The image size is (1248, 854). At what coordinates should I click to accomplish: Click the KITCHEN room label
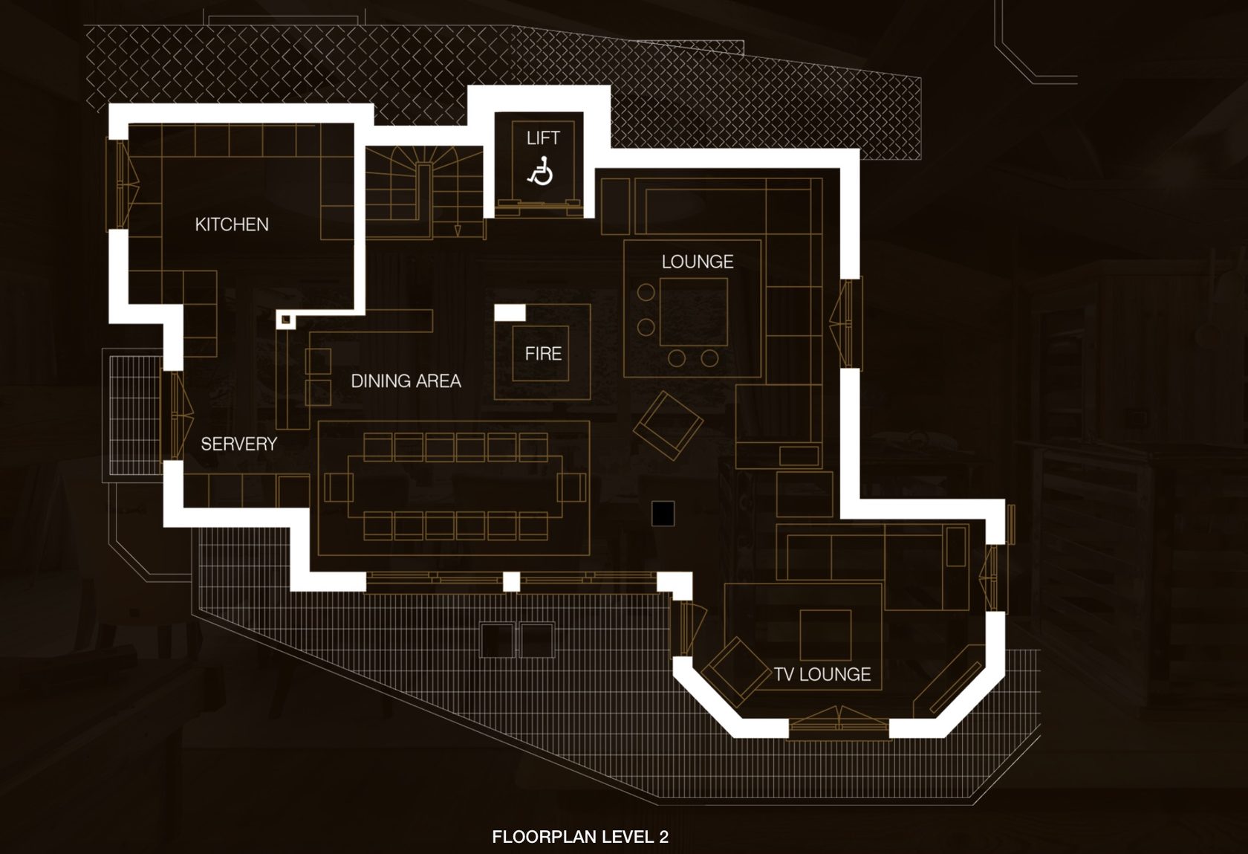(x=232, y=224)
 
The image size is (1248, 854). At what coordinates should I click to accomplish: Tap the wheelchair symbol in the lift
(x=541, y=171)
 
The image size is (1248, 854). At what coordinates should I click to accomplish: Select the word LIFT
(x=543, y=138)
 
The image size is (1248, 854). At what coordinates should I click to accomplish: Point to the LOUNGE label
(x=697, y=262)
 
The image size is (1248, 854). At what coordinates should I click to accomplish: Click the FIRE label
(x=543, y=354)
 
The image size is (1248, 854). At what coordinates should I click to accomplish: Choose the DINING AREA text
(x=406, y=381)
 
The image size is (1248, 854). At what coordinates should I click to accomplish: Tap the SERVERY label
(x=238, y=444)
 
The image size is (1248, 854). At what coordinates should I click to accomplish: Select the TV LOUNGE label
(x=822, y=674)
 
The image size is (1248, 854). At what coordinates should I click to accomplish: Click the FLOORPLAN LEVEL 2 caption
(x=580, y=836)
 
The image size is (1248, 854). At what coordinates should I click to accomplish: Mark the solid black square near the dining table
(x=663, y=514)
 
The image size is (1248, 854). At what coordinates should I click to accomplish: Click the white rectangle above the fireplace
(x=510, y=312)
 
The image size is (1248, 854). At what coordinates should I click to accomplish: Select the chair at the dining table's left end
(x=338, y=488)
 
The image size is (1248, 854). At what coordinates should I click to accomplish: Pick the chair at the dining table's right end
(x=571, y=488)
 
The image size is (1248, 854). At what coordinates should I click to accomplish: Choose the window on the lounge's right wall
(x=846, y=323)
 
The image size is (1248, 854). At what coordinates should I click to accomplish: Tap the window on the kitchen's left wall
(x=123, y=183)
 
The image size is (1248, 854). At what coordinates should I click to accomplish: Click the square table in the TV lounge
(x=825, y=634)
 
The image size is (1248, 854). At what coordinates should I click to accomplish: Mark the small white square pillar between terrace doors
(x=511, y=581)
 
